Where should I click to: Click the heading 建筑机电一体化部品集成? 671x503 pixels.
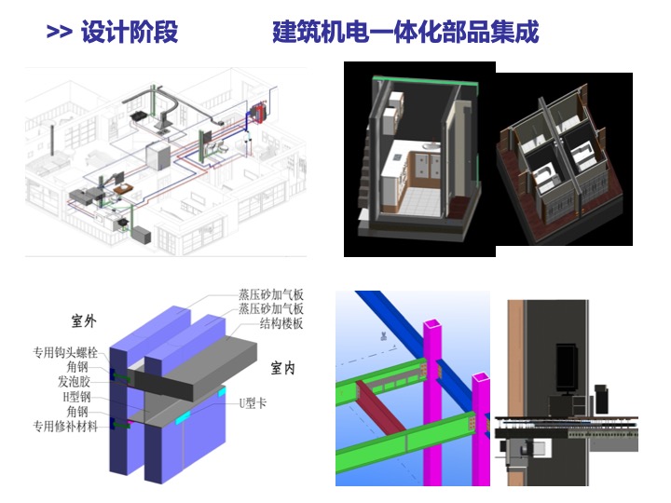click(x=405, y=33)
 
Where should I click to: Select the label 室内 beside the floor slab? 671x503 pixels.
click(x=282, y=368)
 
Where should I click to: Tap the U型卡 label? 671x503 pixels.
click(x=254, y=402)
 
